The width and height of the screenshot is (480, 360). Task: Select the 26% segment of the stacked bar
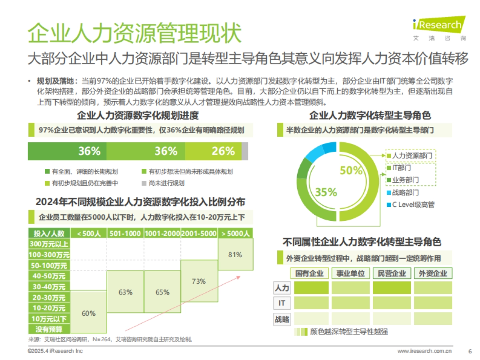[x=223, y=151]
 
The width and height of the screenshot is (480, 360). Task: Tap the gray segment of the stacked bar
[x=245, y=151]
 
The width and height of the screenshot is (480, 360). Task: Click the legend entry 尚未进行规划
[x=162, y=183]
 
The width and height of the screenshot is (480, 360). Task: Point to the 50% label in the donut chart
[x=351, y=171]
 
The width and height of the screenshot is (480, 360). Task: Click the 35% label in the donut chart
[x=326, y=192]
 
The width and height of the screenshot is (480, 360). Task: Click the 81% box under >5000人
[x=235, y=254]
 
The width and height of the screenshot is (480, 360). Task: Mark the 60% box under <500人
[x=88, y=313]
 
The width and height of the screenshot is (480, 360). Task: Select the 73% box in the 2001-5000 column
[x=199, y=281]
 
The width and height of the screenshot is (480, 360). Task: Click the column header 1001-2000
[x=162, y=234]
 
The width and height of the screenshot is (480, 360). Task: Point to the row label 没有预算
[x=49, y=329]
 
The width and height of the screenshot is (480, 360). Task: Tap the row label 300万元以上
[x=49, y=244]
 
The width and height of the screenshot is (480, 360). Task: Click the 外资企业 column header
[x=433, y=274]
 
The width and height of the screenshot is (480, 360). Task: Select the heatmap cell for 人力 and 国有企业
[x=311, y=288]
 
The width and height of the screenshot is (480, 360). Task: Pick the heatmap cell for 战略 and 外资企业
[x=433, y=318]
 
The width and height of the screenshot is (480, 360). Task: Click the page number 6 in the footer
[x=470, y=351]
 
